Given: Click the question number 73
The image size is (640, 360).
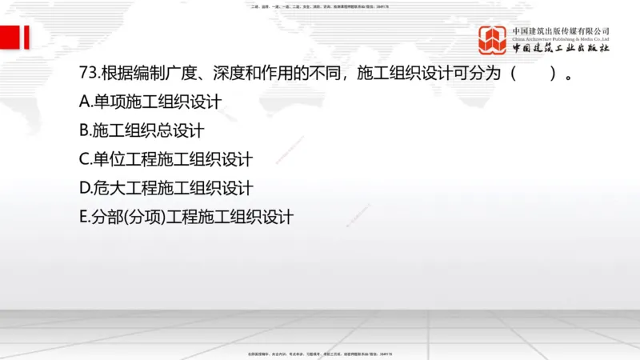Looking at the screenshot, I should click(x=88, y=74).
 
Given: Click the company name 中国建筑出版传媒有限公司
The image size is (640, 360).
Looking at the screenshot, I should click(x=562, y=31).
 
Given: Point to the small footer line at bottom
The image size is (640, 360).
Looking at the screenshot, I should click(x=319, y=353).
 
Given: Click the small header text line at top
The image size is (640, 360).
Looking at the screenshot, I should click(x=319, y=6).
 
